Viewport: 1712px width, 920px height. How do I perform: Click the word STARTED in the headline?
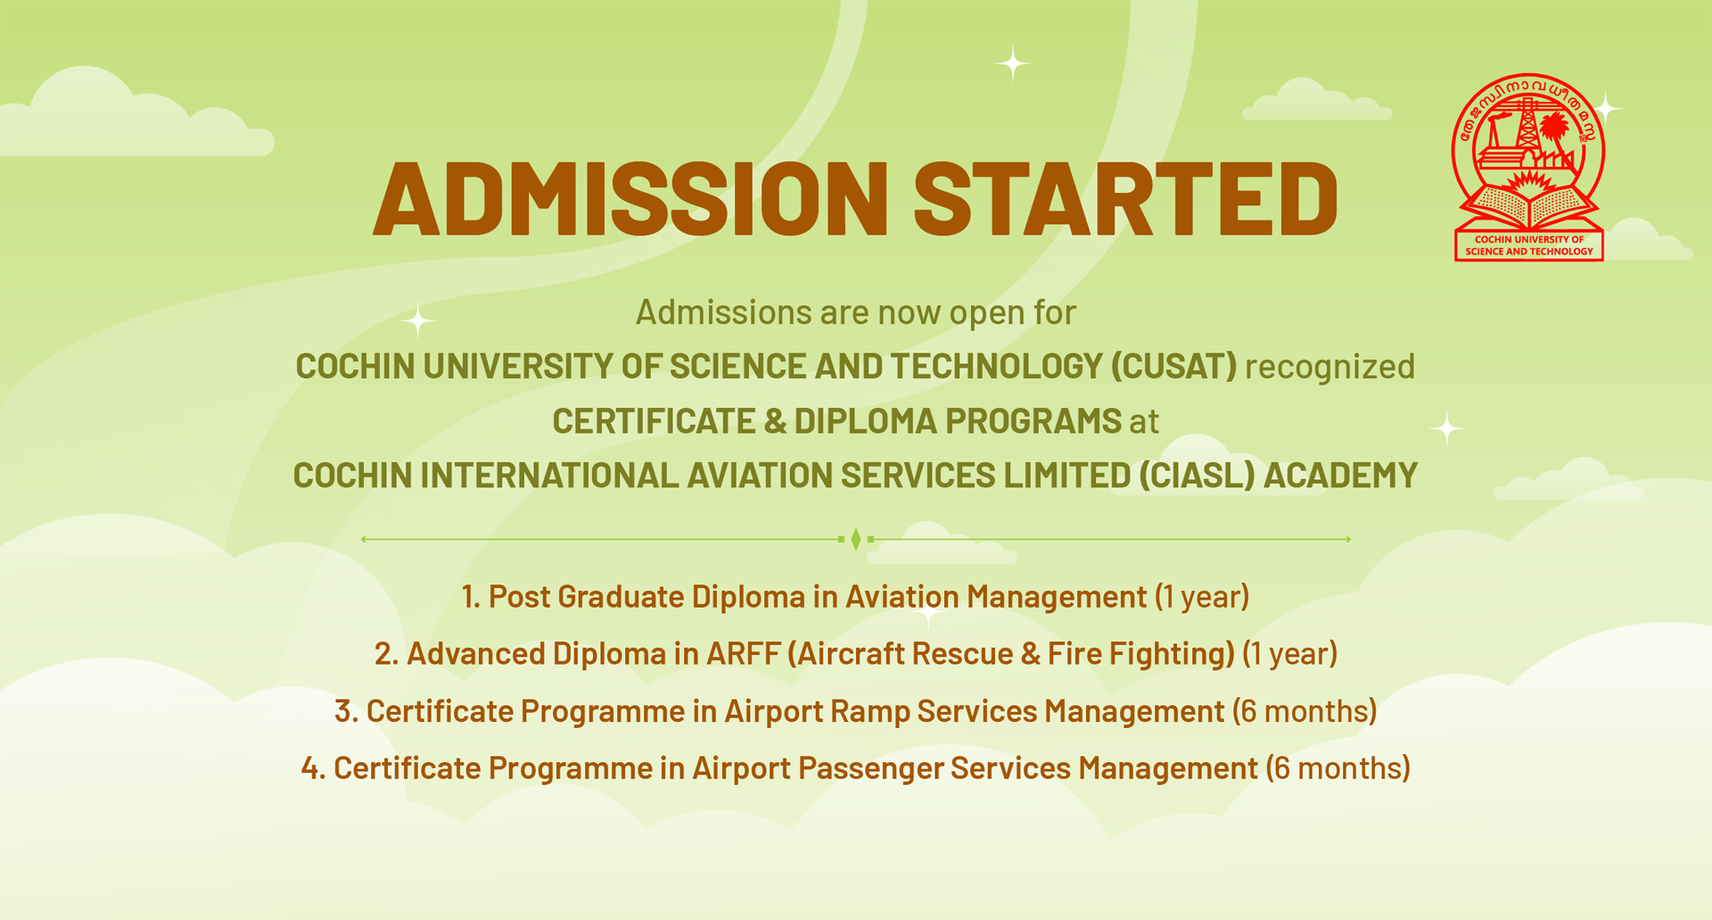click(x=1126, y=198)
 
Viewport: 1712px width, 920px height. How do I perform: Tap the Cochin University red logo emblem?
click(x=1529, y=167)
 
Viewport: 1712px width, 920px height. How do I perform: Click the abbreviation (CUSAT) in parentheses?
click(x=1173, y=367)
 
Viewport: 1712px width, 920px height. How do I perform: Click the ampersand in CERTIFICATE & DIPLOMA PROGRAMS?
click(x=775, y=421)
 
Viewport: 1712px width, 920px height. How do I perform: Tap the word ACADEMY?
click(x=1340, y=476)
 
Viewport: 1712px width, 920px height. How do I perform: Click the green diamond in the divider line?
click(x=856, y=539)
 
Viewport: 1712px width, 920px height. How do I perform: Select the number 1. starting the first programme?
click(x=471, y=597)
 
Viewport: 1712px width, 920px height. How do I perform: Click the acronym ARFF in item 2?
click(x=743, y=654)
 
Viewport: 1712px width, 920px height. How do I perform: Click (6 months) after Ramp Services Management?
click(x=1305, y=711)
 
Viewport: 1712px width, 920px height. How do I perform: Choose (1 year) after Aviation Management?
click(x=1202, y=597)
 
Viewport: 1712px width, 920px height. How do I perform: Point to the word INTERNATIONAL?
click(x=549, y=476)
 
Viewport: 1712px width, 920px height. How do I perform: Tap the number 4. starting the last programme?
click(x=313, y=768)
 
